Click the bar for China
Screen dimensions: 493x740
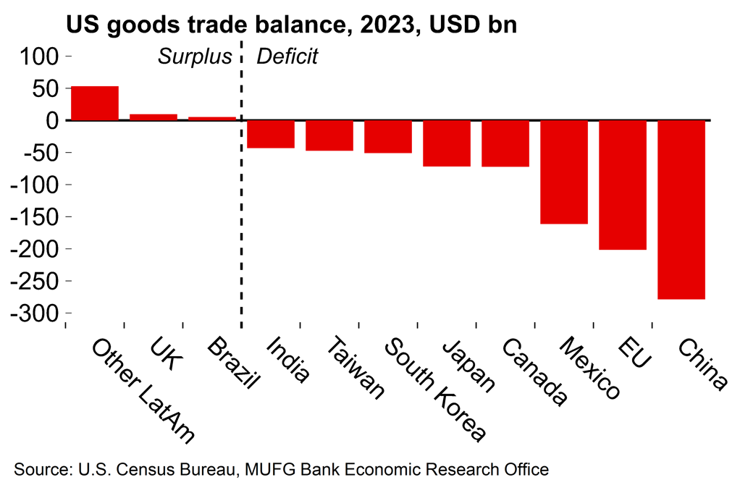coord(681,209)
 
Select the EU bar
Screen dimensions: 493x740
coord(623,185)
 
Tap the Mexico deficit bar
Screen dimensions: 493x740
coord(564,172)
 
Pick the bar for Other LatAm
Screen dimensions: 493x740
coord(95,103)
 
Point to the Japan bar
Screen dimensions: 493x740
coord(447,143)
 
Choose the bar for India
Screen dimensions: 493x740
coord(271,134)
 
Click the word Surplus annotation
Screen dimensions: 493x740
coord(195,56)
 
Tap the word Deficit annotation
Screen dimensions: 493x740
coord(287,56)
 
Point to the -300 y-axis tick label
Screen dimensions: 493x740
coord(37,313)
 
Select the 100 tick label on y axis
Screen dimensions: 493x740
coord(43,56)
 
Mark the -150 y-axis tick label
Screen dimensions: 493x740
coord(37,216)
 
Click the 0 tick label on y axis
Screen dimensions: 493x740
coord(53,120)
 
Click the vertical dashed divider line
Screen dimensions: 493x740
coord(241,217)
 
